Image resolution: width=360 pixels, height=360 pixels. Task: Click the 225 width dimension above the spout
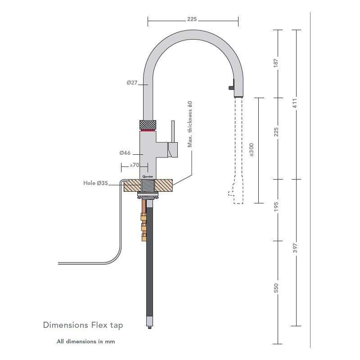[192, 19]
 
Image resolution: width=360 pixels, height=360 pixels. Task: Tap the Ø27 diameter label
[132, 83]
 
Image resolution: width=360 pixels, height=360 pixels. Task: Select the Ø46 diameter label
[125, 153]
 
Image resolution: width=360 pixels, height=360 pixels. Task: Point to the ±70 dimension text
[134, 166]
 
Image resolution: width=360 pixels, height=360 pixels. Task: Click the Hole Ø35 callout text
[95, 183]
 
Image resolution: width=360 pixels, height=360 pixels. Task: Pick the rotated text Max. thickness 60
[190, 124]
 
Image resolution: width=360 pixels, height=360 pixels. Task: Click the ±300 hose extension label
[251, 149]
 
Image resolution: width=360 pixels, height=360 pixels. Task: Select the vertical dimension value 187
[276, 63]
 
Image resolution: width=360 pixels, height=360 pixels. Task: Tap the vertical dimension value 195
[276, 207]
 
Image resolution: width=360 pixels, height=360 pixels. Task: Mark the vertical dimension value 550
[276, 288]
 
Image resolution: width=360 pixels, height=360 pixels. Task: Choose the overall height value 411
[295, 103]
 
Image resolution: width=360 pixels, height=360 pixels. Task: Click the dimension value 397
[295, 248]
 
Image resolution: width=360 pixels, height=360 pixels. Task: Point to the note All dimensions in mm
[85, 342]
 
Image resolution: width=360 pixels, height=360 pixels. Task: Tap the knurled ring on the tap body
[148, 124]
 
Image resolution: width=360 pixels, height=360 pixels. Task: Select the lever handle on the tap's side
[172, 139]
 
